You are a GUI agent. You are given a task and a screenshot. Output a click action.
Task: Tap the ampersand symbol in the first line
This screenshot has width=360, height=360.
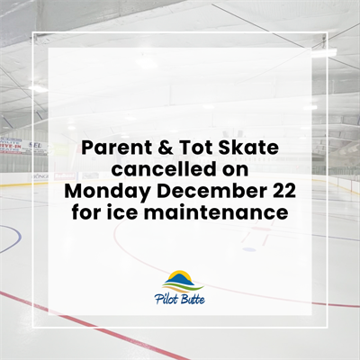pos(154,148)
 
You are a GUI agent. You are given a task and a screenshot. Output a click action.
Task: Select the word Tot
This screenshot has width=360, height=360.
pos(185,148)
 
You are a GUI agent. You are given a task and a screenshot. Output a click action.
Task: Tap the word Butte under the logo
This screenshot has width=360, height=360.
pos(193,299)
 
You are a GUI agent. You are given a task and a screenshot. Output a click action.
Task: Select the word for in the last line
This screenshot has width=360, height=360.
pos(86,212)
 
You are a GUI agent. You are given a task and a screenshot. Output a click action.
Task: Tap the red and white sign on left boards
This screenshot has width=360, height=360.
pos(10,144)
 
